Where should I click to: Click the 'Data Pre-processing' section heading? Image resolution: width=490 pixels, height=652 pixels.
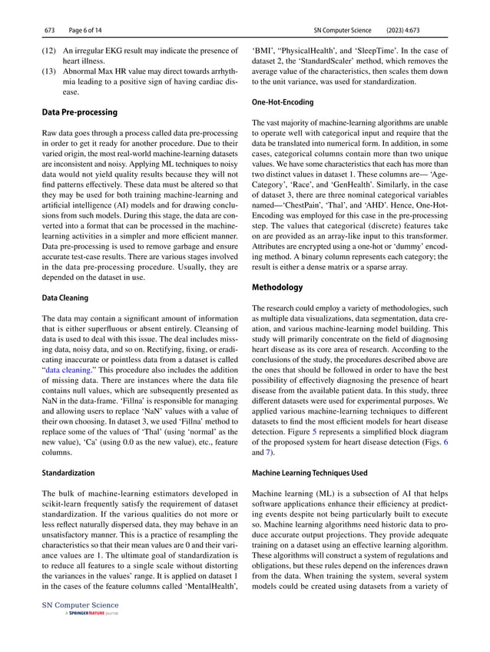[x=79, y=112]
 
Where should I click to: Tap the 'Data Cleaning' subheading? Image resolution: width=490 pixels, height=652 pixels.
[x=65, y=297]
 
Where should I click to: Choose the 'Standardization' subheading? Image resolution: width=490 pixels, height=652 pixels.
[x=69, y=472]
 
